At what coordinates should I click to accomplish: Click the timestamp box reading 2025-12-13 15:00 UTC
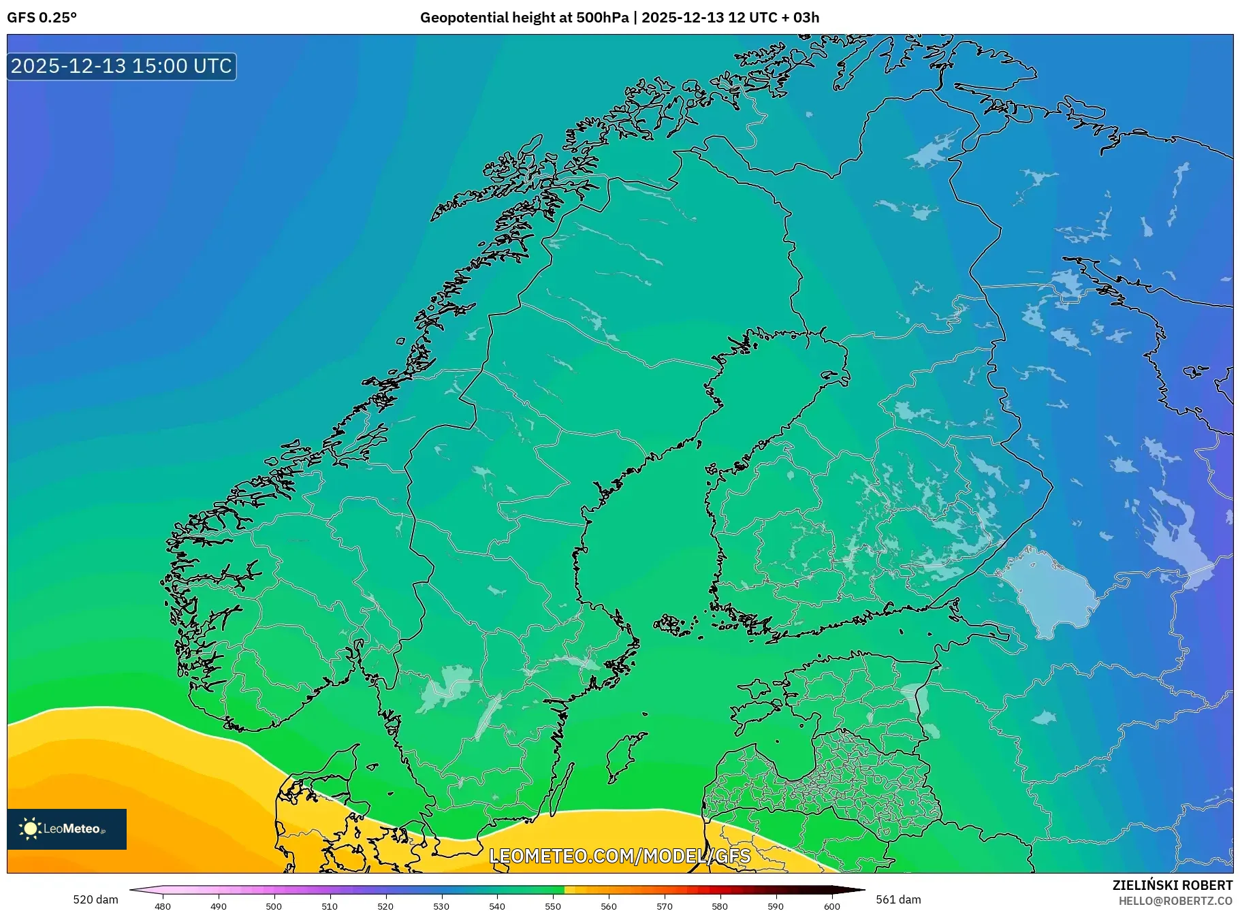pos(122,66)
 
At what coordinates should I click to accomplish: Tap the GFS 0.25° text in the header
pos(42,18)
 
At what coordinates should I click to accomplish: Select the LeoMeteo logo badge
pos(67,829)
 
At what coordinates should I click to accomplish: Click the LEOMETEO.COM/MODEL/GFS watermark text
pos(620,855)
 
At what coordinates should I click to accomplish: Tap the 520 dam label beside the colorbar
pos(95,899)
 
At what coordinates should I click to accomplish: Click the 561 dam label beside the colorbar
pos(898,899)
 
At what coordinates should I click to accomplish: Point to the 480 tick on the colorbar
pos(163,906)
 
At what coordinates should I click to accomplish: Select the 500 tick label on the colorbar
pos(274,906)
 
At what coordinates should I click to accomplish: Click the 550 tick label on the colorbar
pos(553,906)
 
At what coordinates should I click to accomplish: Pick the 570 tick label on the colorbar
pos(665,906)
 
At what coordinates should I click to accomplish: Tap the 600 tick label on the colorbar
pos(831,906)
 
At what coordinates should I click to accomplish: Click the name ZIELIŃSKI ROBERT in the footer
pos(1172,885)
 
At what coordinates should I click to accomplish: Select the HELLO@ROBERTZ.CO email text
pos(1175,901)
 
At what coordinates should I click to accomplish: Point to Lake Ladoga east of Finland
pos(1049,592)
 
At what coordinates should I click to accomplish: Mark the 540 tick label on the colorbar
pos(497,906)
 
